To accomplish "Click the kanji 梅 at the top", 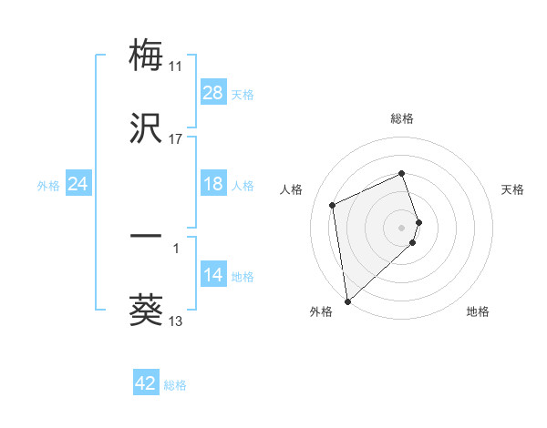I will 147,56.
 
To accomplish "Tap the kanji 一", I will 147,238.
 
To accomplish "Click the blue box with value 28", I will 213,93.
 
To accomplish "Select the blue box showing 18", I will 213,184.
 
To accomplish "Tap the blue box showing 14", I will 213,275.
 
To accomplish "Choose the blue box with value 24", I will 78,184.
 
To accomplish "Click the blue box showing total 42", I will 146,383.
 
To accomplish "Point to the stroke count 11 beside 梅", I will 175,66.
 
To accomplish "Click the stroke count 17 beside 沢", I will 175,138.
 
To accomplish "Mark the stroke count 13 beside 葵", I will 175,321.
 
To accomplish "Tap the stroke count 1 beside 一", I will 175,248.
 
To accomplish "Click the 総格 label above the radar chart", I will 402,118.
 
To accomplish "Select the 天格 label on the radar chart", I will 513,189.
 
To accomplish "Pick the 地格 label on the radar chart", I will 478,311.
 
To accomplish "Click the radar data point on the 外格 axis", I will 347,301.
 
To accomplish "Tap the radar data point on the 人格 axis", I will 333,204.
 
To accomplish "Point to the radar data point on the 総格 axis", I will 402,173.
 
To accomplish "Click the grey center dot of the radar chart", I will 402,227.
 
